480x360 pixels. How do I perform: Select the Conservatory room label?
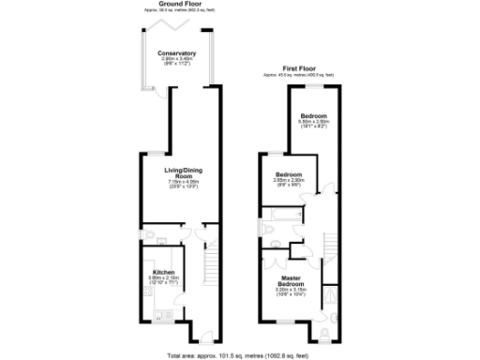point(176,53)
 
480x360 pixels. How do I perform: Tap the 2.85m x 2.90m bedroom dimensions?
point(289,180)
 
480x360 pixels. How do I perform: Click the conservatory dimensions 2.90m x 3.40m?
point(176,60)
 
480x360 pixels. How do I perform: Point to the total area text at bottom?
point(240,355)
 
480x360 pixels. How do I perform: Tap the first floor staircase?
point(331,242)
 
